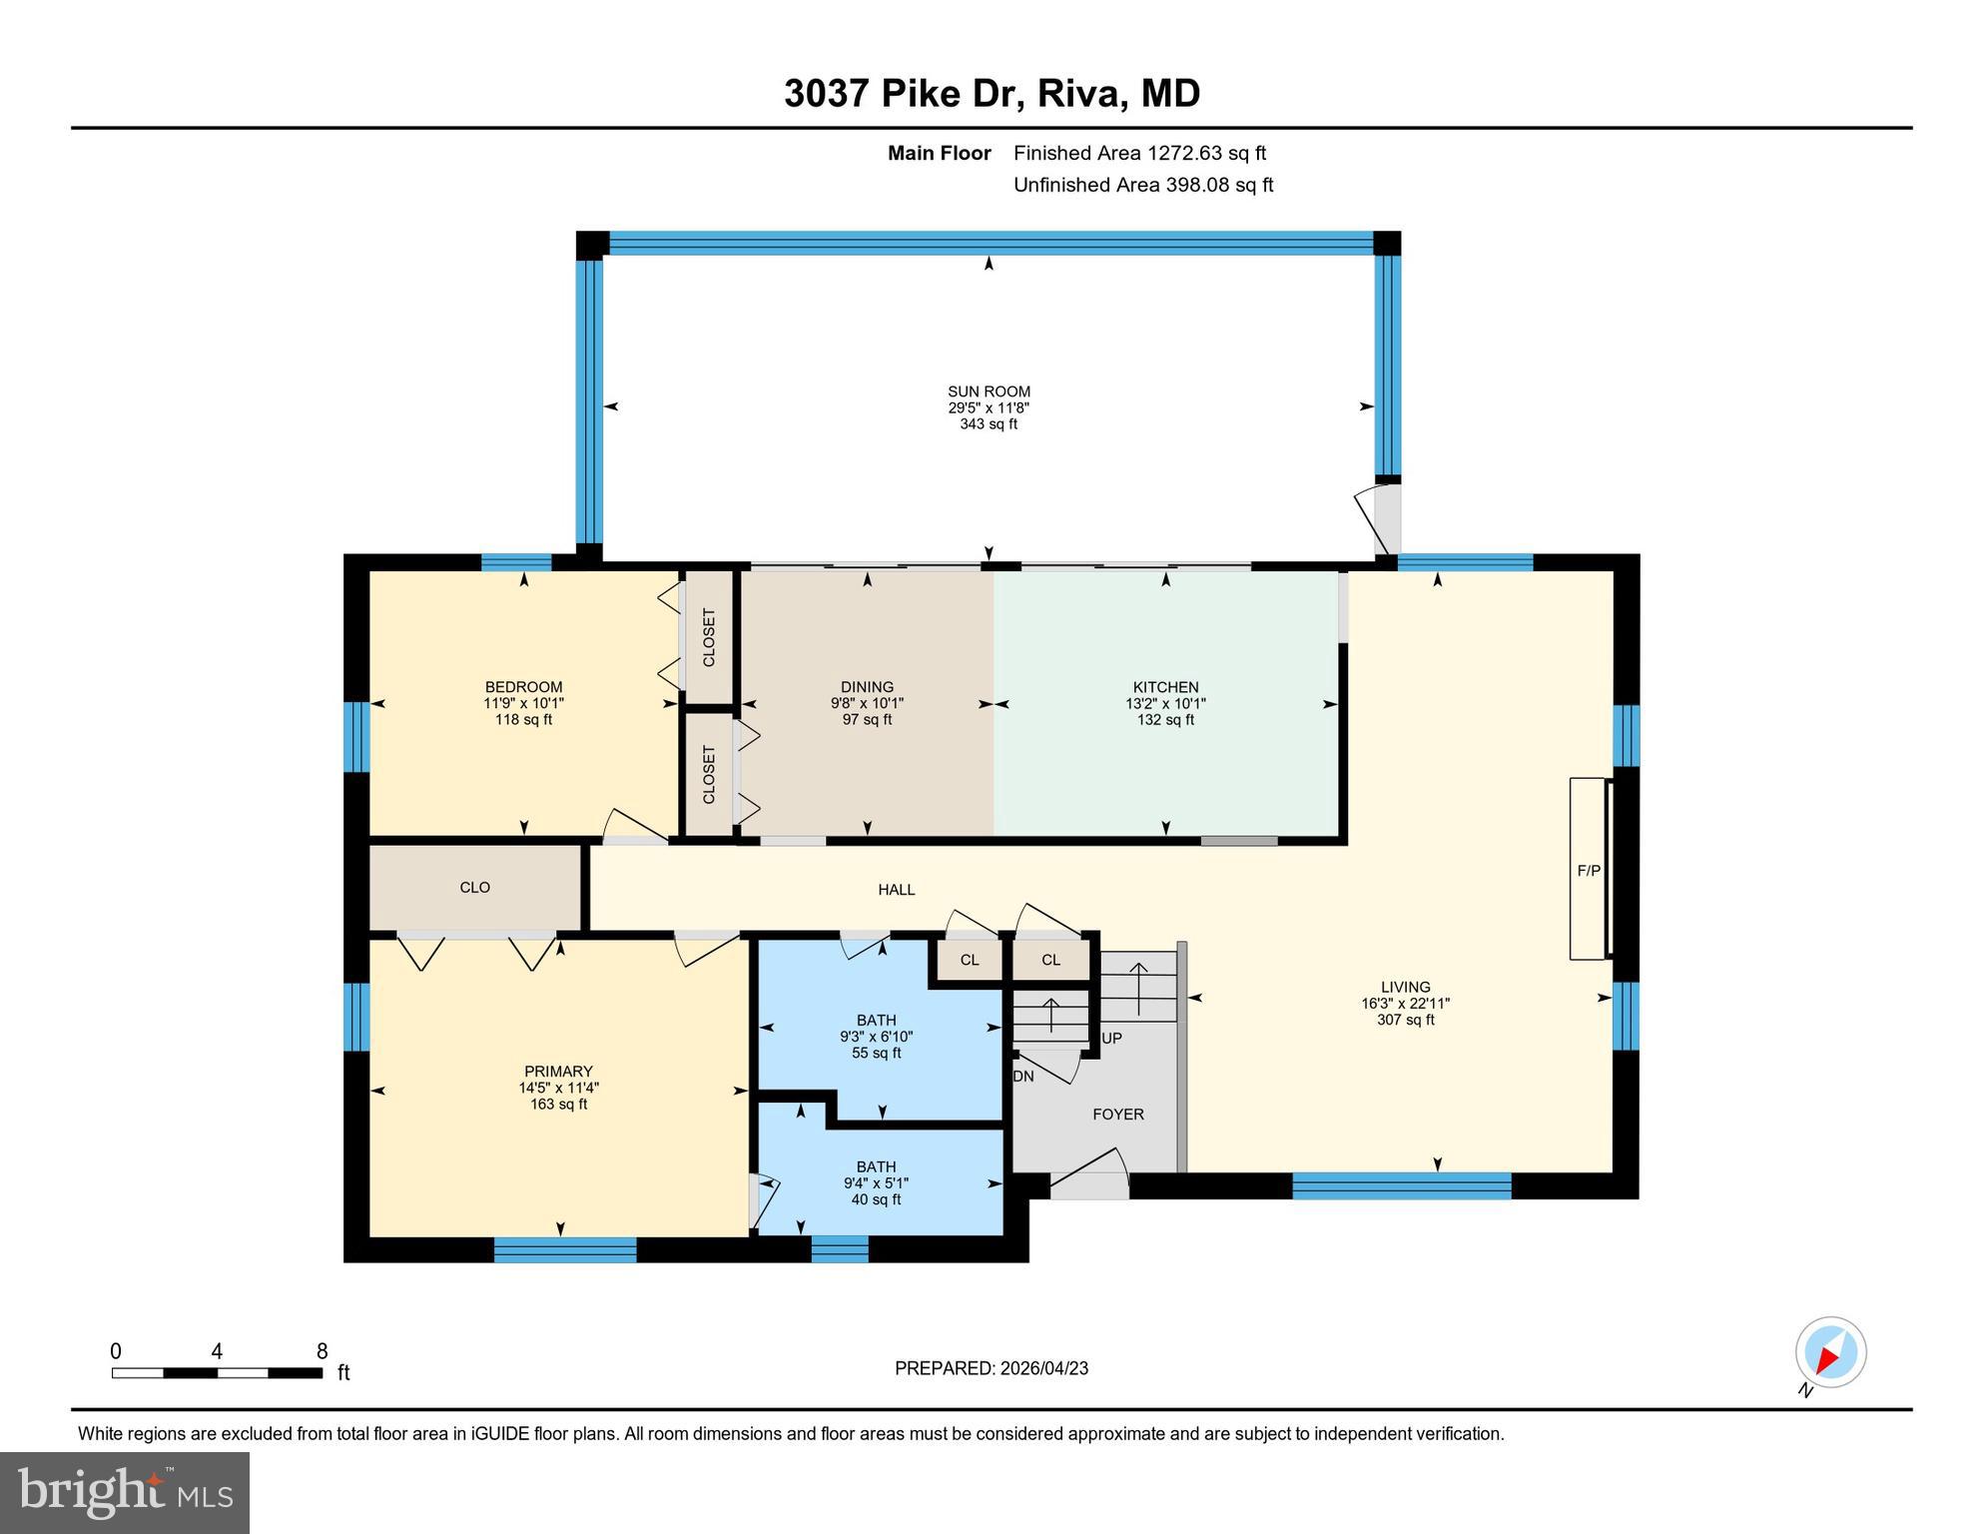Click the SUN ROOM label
(x=989, y=391)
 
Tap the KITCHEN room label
(x=1165, y=687)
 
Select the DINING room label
(x=867, y=687)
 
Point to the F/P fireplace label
(x=1588, y=871)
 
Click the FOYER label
(x=1117, y=1115)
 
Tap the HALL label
(x=896, y=890)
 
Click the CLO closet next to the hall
(x=474, y=888)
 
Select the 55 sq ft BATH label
(x=876, y=1021)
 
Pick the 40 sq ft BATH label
(x=876, y=1166)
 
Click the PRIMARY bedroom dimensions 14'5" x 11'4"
(x=558, y=1088)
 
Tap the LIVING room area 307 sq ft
(x=1405, y=1020)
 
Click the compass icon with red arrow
(x=1830, y=1353)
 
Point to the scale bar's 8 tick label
(x=322, y=1352)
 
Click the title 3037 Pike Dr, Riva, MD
(x=992, y=94)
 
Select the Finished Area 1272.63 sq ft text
(x=1139, y=153)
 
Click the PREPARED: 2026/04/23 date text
(x=991, y=1368)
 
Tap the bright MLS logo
(x=125, y=1492)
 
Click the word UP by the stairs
(x=1111, y=1039)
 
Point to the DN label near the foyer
(x=1023, y=1077)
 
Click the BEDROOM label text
(x=523, y=687)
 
